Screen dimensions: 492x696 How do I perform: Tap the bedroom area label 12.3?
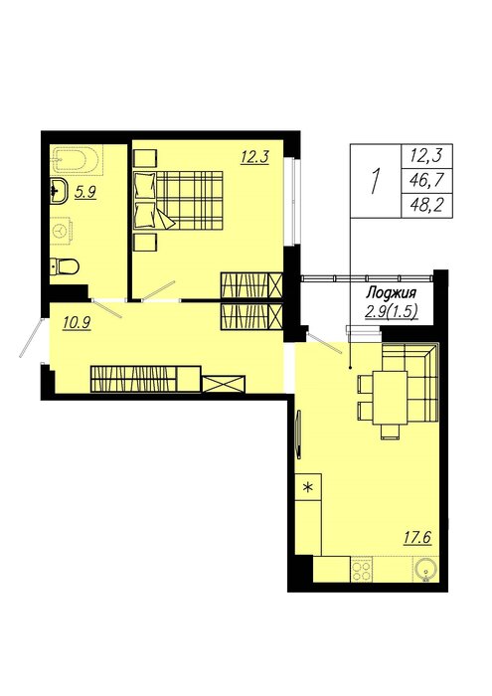click(x=254, y=157)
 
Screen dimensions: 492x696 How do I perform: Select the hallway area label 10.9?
click(x=77, y=323)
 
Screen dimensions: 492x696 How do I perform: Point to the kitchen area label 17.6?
click(x=417, y=538)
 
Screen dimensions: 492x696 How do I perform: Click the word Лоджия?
click(x=391, y=293)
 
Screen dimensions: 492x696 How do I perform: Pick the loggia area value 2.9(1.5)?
click(x=392, y=312)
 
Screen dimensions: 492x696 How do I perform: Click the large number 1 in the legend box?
click(x=376, y=181)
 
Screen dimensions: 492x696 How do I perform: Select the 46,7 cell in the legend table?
click(x=426, y=181)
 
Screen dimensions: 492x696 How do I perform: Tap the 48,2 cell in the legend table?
click(x=426, y=206)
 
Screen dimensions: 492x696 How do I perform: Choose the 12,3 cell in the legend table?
click(x=426, y=156)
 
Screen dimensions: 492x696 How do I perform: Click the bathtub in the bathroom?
click(x=77, y=160)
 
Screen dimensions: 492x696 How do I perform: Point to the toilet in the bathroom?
click(x=65, y=266)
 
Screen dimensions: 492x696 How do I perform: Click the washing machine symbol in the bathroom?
click(x=61, y=232)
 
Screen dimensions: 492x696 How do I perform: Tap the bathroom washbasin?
click(x=58, y=192)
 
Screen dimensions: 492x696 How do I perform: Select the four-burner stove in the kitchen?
click(x=361, y=570)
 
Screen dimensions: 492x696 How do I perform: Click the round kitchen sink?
click(x=425, y=569)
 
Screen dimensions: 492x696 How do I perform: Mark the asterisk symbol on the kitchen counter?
click(x=307, y=487)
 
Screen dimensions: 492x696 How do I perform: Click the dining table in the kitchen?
click(x=390, y=398)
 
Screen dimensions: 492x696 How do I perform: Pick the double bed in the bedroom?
click(x=178, y=201)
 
